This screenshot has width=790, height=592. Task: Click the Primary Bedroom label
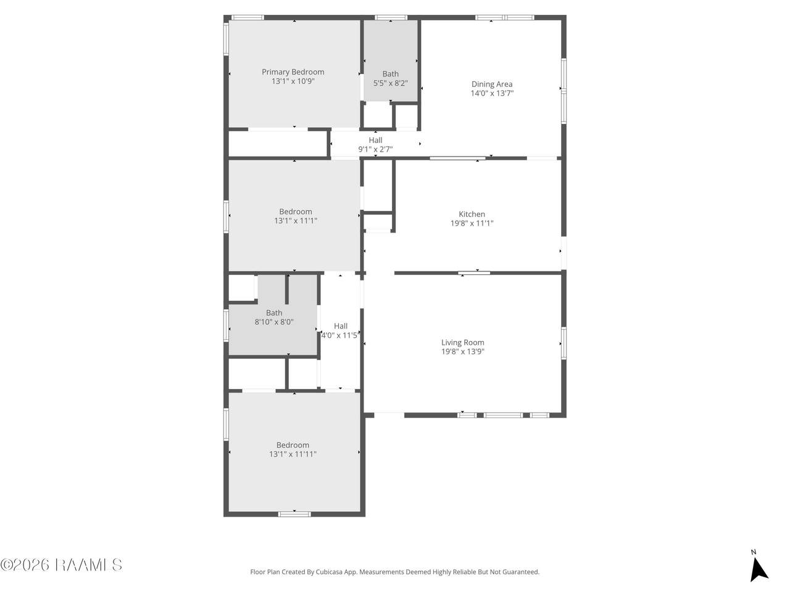click(293, 72)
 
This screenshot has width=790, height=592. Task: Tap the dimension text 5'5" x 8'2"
click(390, 83)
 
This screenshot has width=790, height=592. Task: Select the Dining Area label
click(492, 84)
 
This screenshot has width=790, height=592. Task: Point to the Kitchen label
click(472, 214)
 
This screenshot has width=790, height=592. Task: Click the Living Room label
click(462, 342)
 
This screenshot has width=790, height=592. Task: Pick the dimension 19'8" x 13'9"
click(462, 351)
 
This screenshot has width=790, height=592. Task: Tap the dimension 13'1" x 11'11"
click(293, 454)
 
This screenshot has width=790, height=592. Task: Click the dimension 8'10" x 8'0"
click(274, 322)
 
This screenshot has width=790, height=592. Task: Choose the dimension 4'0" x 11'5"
click(340, 335)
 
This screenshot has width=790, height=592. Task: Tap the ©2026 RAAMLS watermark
click(61, 565)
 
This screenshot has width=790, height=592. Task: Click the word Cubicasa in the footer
click(330, 572)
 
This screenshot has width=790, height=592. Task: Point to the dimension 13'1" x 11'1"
click(296, 221)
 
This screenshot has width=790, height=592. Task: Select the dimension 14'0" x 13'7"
click(492, 93)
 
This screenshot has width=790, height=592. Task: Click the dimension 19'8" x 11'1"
click(472, 223)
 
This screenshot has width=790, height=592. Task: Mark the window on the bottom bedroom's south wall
click(294, 514)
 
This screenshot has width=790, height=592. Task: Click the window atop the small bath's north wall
click(391, 17)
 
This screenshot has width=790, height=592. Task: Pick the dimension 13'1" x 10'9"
click(293, 81)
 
